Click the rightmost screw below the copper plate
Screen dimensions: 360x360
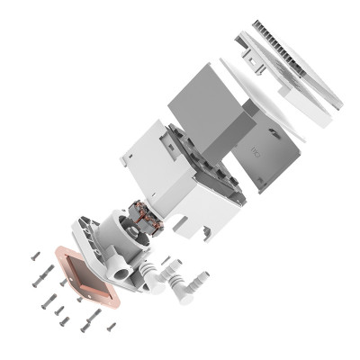coord(112,327)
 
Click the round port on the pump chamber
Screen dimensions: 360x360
coord(119,267)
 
